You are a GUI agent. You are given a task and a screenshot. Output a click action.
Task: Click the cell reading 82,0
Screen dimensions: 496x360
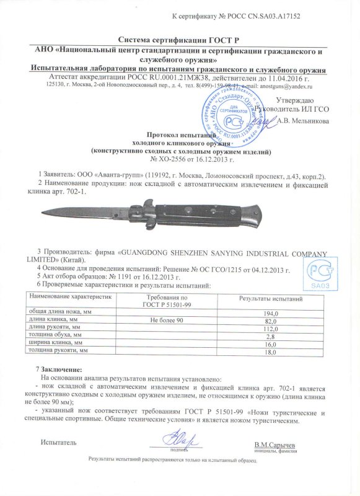click(271, 322)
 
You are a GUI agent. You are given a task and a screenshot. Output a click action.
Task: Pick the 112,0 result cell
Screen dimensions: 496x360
click(271, 329)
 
